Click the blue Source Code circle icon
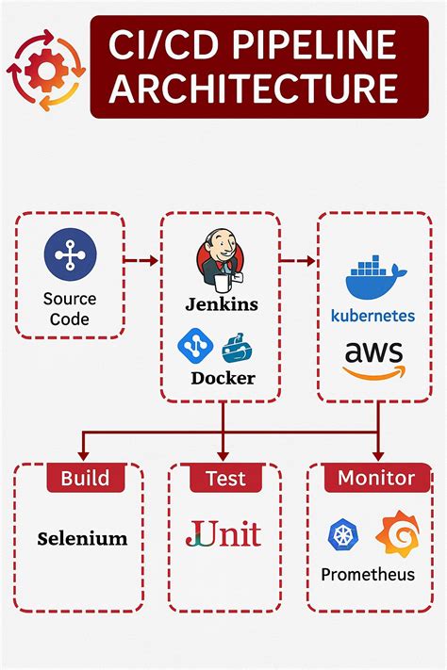coord(70,254)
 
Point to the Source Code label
coord(70,309)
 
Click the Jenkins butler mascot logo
coord(222,261)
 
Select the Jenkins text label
coord(222,304)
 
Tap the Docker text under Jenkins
coord(223,379)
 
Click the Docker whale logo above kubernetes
coord(376,276)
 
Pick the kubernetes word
coord(372,316)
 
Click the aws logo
coord(372,360)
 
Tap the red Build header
coord(85,478)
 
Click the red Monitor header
coord(375,478)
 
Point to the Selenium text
coord(82,539)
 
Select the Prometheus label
coord(368,574)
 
